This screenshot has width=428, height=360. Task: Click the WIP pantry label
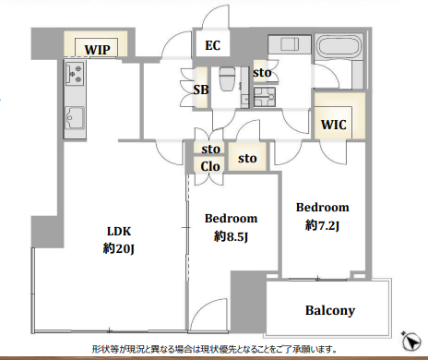(x=97, y=50)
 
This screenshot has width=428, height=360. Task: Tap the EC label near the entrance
(x=212, y=45)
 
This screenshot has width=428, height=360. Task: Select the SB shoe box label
(x=201, y=90)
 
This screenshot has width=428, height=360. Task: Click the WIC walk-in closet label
(x=334, y=125)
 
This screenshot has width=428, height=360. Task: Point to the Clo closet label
(x=210, y=166)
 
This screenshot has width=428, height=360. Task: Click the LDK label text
(x=119, y=231)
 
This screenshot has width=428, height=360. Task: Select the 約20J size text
(x=118, y=248)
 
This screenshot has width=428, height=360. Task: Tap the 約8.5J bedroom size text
(x=231, y=236)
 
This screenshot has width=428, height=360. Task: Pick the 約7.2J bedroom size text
(x=322, y=225)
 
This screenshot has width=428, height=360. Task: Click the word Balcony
(x=330, y=310)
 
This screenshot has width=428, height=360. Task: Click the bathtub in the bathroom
(x=339, y=47)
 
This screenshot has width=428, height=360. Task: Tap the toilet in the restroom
(x=227, y=78)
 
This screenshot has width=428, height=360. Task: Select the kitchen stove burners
(x=75, y=72)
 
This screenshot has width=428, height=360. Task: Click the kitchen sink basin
(x=74, y=117)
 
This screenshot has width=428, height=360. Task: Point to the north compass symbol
(x=411, y=341)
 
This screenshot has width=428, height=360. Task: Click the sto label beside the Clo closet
(x=211, y=150)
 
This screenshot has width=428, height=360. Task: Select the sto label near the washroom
(x=262, y=73)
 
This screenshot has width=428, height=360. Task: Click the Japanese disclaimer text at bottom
(x=214, y=350)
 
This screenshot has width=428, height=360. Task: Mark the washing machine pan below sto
(x=265, y=97)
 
